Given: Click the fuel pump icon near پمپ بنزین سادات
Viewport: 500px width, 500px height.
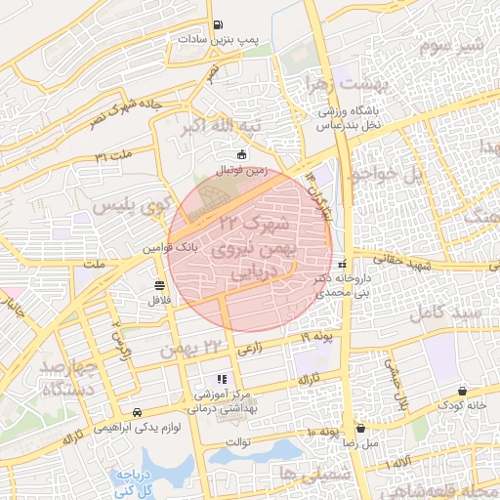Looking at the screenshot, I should (217, 25).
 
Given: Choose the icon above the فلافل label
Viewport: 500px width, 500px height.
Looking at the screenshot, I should (158, 285).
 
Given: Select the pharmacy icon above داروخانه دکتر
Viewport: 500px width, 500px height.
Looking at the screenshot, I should (341, 265).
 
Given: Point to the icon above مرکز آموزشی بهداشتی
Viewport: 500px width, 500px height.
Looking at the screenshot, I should (222, 379).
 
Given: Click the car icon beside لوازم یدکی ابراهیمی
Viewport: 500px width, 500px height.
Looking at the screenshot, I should (138, 412).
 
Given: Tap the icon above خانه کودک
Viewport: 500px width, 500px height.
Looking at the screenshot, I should (460, 390).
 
